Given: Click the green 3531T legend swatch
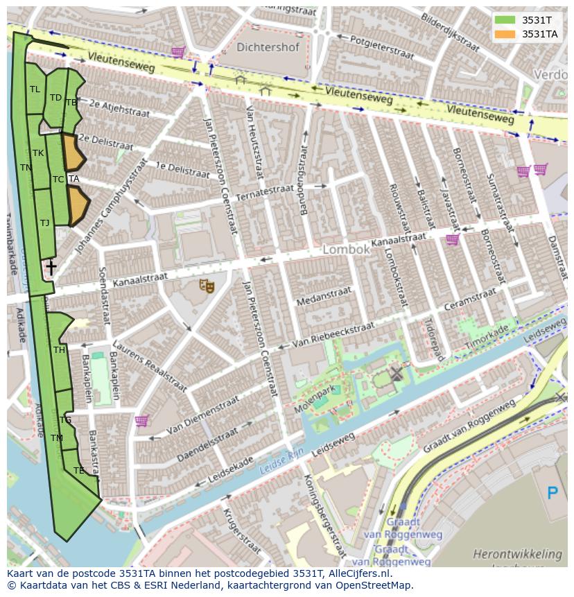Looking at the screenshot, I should (x=505, y=20).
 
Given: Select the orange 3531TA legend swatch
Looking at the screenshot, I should (x=505, y=34).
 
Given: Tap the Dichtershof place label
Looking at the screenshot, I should (x=268, y=48).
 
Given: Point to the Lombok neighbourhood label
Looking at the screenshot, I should (x=346, y=250).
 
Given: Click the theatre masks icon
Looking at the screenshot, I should (x=207, y=285).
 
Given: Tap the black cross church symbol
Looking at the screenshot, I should (x=51, y=267).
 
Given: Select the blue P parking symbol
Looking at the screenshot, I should (x=553, y=494).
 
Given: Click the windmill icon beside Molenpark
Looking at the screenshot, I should (x=396, y=374).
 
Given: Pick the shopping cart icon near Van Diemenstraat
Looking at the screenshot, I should (x=141, y=420).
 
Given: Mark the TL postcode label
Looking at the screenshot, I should (x=35, y=89).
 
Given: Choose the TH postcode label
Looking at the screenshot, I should (x=59, y=350).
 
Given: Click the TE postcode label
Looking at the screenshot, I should (x=78, y=470).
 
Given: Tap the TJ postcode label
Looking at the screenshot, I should (x=44, y=223).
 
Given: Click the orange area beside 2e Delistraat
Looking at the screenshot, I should (x=72, y=153).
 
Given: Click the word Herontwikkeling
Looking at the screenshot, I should (x=517, y=553).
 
